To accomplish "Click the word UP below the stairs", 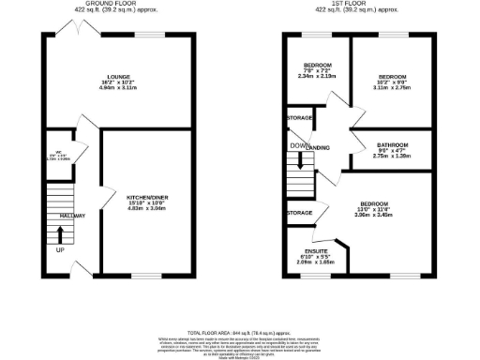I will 61,251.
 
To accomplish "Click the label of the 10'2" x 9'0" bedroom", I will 391,77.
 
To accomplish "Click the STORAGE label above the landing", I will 300,119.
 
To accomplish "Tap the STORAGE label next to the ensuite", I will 299,213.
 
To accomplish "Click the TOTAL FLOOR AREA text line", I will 239,332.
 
